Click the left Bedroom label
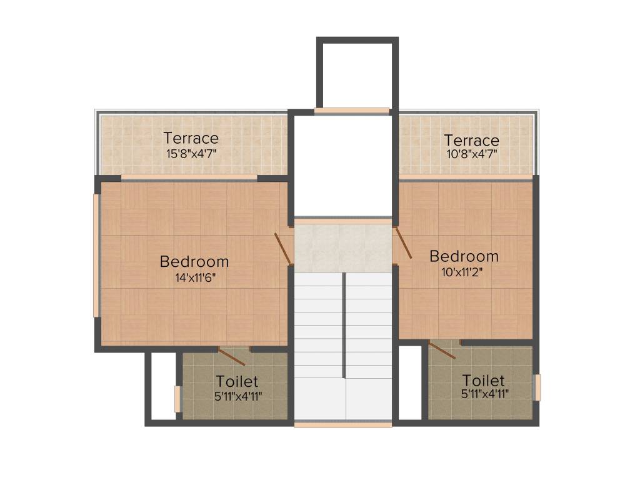tap(194, 261)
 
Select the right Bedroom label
tap(464, 256)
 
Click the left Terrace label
tap(191, 137)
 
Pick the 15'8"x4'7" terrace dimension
tap(191, 153)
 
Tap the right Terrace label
tap(471, 139)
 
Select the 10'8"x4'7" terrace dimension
tap(471, 154)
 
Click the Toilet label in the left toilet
tap(237, 381)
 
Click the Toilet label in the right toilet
tap(483, 380)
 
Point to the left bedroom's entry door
tap(282, 247)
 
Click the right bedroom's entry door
tap(402, 242)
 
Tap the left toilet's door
tap(231, 356)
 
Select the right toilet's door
tap(442, 351)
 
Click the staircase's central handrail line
tap(344, 325)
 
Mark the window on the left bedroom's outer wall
tap(96, 255)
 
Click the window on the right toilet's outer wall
tap(537, 387)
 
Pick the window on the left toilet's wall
tap(177, 399)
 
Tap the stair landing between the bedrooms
tap(343, 247)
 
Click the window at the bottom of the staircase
tap(343, 425)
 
